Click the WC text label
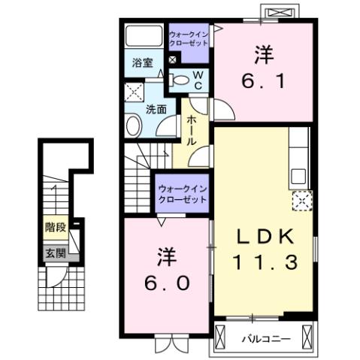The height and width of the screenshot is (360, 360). click(197, 80)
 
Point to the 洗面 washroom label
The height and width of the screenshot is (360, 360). click(156, 109)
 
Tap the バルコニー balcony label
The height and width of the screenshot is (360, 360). click(265, 339)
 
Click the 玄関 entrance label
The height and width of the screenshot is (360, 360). click(53, 253)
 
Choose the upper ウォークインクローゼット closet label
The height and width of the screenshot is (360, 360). click(189, 39)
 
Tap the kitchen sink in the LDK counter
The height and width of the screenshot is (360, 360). click(298, 177)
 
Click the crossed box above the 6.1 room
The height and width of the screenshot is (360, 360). click(278, 14)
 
